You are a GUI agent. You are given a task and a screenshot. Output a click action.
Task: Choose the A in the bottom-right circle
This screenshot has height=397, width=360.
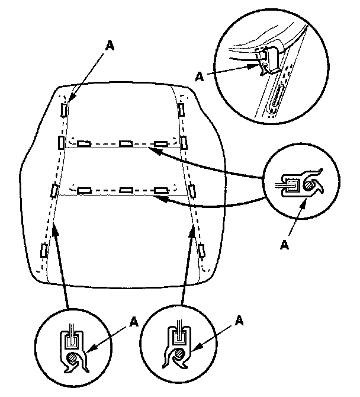pyautogui.click(x=239, y=321)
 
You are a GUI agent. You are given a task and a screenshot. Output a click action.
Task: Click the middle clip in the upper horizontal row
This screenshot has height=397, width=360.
pyautogui.click(x=125, y=143)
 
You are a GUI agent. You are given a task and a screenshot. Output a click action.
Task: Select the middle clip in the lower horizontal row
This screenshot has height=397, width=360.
pyautogui.click(x=124, y=190)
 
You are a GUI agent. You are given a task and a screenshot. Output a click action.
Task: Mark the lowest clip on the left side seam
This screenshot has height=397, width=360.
pyautogui.click(x=43, y=249)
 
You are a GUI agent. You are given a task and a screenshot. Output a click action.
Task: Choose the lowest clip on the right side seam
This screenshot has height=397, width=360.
pyautogui.click(x=202, y=249)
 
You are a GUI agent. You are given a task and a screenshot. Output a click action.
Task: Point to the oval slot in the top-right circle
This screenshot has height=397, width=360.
pyautogui.click(x=277, y=98)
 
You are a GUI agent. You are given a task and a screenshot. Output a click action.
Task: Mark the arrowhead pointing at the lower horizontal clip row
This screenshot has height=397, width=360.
pyautogui.click(x=156, y=200)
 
